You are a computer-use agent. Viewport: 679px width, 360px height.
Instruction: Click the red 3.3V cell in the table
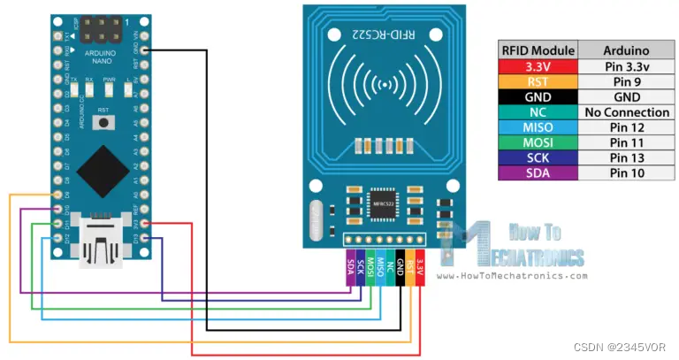538,66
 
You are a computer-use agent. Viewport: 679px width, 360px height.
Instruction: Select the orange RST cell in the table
538,81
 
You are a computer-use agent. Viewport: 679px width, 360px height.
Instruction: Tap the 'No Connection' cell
627,112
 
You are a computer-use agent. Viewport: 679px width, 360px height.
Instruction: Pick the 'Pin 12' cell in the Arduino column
627,127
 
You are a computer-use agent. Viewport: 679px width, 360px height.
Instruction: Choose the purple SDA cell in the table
538,173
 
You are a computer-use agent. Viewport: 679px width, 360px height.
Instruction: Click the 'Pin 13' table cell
627,158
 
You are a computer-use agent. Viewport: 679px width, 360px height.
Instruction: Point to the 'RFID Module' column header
538,50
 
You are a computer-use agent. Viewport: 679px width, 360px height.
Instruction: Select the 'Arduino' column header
627,50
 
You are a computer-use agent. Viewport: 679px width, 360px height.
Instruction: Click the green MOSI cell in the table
538,143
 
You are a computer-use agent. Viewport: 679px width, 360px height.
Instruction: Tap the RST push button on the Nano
104,121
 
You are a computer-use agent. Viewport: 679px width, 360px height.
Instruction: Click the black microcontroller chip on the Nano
103,169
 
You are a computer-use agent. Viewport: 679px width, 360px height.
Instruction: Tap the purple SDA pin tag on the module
350,265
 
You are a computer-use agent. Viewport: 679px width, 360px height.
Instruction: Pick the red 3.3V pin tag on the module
420,265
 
